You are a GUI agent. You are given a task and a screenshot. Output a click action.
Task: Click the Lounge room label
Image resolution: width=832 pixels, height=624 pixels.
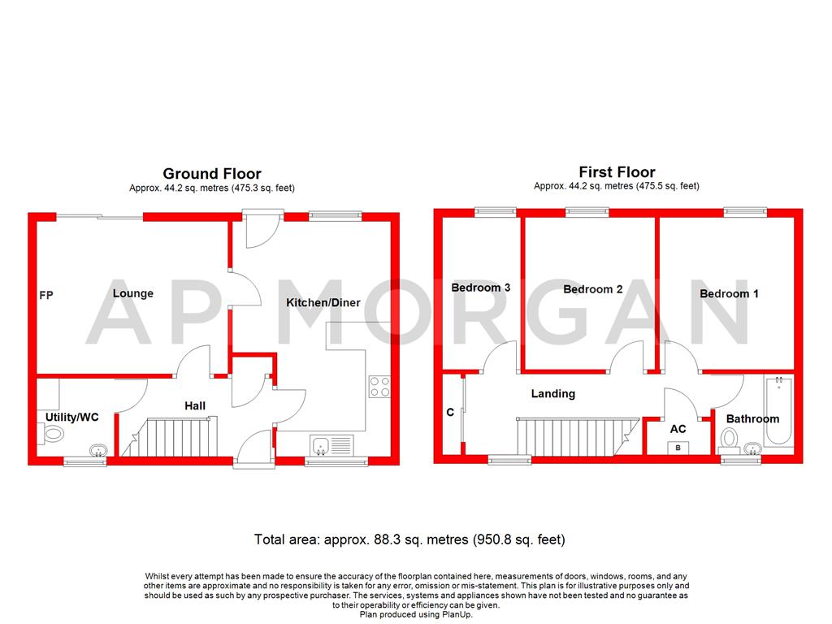[133, 292]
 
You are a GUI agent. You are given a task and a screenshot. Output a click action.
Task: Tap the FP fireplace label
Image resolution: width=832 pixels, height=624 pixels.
[46, 295]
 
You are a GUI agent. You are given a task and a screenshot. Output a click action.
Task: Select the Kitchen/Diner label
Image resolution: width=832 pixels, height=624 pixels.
[323, 303]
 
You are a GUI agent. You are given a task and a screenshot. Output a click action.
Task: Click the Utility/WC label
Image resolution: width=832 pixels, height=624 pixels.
[72, 417]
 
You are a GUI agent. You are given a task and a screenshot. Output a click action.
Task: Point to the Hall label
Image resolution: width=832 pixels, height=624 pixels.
[195, 405]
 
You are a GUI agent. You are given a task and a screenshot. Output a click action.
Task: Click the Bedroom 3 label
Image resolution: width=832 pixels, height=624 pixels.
[481, 288]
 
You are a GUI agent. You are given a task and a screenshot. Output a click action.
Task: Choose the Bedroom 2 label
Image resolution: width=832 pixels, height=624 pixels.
[593, 289]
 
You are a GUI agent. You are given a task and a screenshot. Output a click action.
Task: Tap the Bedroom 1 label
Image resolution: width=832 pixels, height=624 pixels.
[729, 293]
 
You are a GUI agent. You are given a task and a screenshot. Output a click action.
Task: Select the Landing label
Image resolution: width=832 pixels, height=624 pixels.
[552, 393]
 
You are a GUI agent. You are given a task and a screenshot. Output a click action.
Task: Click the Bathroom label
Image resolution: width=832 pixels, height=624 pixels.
[752, 418]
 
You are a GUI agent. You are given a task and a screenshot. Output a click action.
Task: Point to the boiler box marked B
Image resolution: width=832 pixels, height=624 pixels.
[678, 448]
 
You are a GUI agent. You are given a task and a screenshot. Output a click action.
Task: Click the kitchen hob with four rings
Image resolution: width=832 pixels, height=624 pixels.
[379, 386]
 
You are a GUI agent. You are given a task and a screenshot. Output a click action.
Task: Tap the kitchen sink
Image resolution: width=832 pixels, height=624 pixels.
[323, 445]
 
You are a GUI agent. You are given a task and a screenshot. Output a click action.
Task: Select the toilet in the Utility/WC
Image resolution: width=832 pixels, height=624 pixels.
[53, 434]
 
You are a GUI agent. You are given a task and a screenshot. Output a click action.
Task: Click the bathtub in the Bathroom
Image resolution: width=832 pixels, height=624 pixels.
[778, 411]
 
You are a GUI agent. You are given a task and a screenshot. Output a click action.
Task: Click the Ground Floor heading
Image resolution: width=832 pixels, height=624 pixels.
[212, 173]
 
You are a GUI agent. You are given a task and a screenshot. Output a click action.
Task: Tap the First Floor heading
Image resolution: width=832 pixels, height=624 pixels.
[617, 171]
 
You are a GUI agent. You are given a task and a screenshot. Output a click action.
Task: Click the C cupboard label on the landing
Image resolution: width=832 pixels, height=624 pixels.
[450, 412]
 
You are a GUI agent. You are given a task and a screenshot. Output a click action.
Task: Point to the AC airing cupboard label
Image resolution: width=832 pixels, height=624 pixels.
[678, 428]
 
